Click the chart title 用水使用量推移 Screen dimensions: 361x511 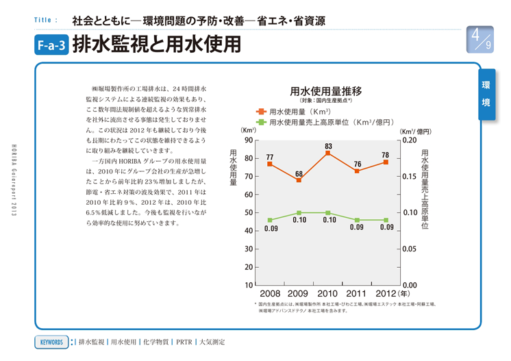click(x=326, y=90)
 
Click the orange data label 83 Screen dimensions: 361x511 click(x=329, y=146)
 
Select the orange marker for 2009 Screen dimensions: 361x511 click(x=299, y=179)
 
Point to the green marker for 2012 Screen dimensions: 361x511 click(x=386, y=220)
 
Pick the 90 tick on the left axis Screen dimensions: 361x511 click(x=247, y=140)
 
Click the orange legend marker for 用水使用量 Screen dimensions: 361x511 click(x=261, y=111)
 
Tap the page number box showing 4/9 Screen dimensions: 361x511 click(x=479, y=40)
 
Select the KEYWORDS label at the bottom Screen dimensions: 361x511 click(x=51, y=340)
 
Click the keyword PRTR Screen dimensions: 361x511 click(x=183, y=340)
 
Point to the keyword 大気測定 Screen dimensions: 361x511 click(x=212, y=340)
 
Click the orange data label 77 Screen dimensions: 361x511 click(x=270, y=157)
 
